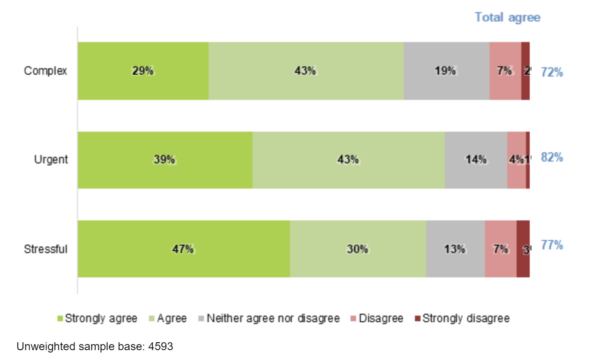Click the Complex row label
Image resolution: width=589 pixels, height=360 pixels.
pyautogui.click(x=45, y=71)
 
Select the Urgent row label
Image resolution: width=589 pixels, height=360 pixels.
pyautogui.click(x=51, y=160)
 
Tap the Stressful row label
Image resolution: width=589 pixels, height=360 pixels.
pyautogui.click(x=46, y=249)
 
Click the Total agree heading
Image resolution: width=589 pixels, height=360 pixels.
pyautogui.click(x=507, y=17)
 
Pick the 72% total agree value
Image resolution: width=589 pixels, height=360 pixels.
pyautogui.click(x=552, y=72)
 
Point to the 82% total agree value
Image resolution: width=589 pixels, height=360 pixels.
pyautogui.click(x=552, y=157)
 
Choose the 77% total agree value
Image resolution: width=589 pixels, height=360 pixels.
pyautogui.click(x=552, y=245)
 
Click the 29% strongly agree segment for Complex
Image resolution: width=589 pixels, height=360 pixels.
pyautogui.click(x=143, y=71)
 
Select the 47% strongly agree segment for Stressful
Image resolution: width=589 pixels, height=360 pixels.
pyautogui.click(x=183, y=249)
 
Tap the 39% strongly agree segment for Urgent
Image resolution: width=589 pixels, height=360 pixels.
pyautogui.click(x=164, y=160)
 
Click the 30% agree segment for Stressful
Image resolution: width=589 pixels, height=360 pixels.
pyautogui.click(x=358, y=249)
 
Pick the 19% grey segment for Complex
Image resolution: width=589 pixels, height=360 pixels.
pyautogui.click(x=446, y=71)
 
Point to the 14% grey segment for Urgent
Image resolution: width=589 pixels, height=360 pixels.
pyautogui.click(x=476, y=160)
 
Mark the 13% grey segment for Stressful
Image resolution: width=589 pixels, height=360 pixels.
pyautogui.click(x=455, y=249)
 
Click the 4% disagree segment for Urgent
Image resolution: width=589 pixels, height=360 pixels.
pyautogui.click(x=516, y=160)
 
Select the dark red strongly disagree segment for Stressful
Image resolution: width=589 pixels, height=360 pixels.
pyautogui.click(x=523, y=249)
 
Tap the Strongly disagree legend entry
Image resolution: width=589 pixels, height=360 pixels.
pyautogui.click(x=462, y=318)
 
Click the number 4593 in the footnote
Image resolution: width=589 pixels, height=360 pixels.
pyautogui.click(x=161, y=347)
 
